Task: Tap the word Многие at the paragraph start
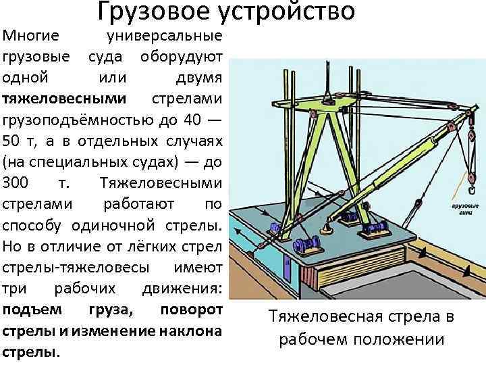(x=31, y=34)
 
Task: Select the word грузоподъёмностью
(x=80, y=120)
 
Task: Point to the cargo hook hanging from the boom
(x=465, y=180)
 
